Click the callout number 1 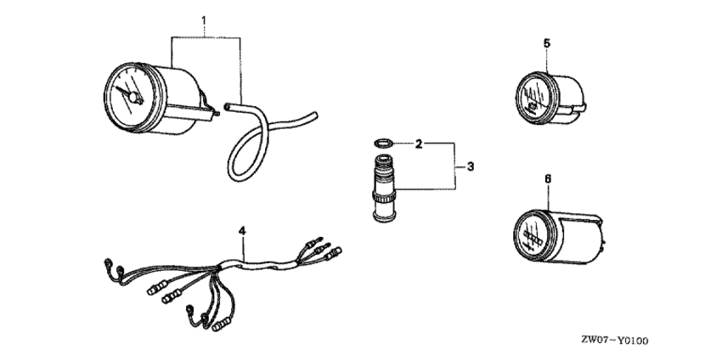point(204,20)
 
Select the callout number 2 point(418,144)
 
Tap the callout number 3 point(470,166)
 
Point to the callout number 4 point(242,231)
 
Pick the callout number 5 point(546,44)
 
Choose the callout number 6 point(548,178)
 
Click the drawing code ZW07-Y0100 point(614,340)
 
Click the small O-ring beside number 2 point(383,143)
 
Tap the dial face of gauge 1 point(128,98)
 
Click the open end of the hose point(227,106)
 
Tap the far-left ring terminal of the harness point(107,262)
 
